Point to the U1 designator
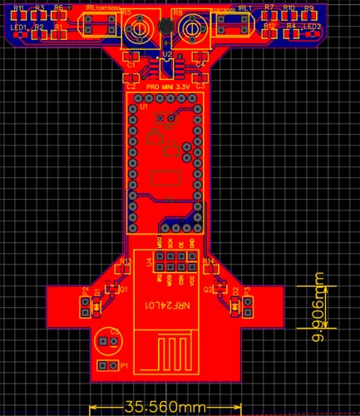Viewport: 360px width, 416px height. pyautogui.click(x=143, y=106)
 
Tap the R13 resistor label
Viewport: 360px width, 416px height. pyautogui.click(x=126, y=261)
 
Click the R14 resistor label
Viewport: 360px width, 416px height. pyautogui.click(x=208, y=261)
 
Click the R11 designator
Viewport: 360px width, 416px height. pyautogui.click(x=17, y=7)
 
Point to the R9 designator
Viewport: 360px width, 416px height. pyautogui.click(x=308, y=7)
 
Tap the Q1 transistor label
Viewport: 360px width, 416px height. pyautogui.click(x=123, y=290)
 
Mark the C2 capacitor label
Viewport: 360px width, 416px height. pyautogui.click(x=131, y=86)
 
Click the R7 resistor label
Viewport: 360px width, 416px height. pyautogui.click(x=269, y=7)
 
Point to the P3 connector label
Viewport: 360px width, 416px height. pyautogui.click(x=247, y=290)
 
